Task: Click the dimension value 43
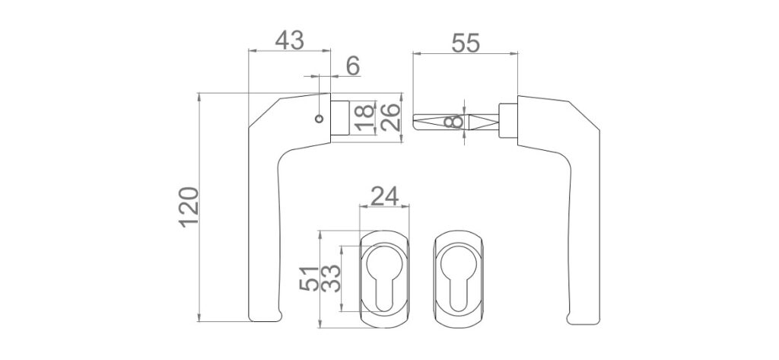pos(289,40)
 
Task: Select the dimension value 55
pos(466,43)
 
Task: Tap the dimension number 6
pos(353,66)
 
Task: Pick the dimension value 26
pos(390,117)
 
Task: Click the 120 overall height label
pos(189,207)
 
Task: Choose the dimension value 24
pos(384,196)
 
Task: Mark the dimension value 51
pos(309,279)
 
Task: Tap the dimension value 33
pos(331,279)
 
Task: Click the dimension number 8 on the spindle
pos(456,121)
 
